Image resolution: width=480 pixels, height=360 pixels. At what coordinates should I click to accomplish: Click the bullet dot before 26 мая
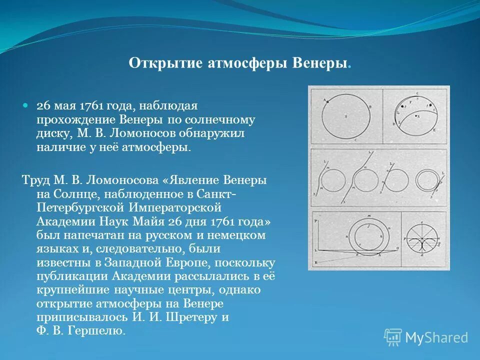pyautogui.click(x=26, y=106)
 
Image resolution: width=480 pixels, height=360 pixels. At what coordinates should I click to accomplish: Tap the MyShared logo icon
pyautogui.click(x=393, y=337)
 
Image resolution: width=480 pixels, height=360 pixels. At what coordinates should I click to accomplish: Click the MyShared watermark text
pyautogui.click(x=436, y=338)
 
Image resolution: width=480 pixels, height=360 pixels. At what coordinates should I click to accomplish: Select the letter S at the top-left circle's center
pyautogui.click(x=345, y=116)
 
